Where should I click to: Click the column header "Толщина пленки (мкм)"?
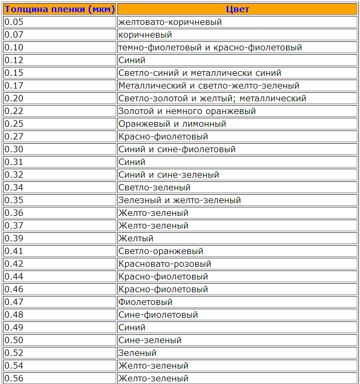tap(59, 9)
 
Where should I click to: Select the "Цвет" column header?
tap(237, 9)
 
